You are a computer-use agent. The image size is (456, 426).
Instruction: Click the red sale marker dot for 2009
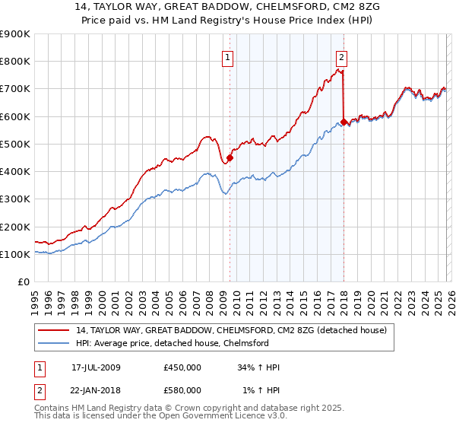[230, 158]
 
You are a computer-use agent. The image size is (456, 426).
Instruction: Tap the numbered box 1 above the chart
[229, 56]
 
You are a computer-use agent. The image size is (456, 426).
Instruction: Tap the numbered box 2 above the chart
[342, 56]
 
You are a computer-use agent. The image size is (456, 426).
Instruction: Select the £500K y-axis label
[15, 144]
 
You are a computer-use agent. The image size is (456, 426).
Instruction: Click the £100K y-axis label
[15, 254]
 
